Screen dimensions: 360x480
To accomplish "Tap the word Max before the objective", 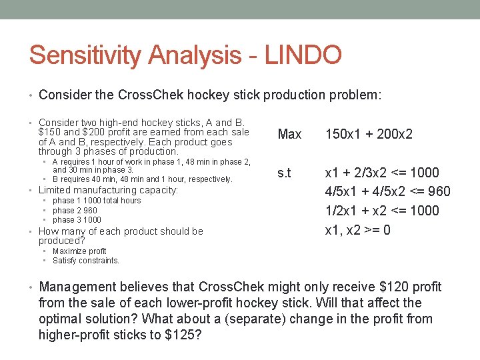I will click(x=289, y=134).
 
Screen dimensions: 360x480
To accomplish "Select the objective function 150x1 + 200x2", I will click(x=369, y=134).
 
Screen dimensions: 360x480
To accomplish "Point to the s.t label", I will click(x=284, y=173).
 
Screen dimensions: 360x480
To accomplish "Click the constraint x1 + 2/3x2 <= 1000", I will click(x=382, y=173).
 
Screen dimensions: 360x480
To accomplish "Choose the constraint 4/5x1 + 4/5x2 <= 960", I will click(x=387, y=192).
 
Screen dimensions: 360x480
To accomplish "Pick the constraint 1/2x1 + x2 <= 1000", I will click(x=382, y=211).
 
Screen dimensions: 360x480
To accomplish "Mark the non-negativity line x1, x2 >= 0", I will click(x=357, y=229).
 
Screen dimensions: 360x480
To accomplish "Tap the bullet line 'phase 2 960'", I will click(x=75, y=210).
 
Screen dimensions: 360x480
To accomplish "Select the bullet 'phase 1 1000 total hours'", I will click(x=97, y=201).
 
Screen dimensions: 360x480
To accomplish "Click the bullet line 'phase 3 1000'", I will click(x=77, y=219).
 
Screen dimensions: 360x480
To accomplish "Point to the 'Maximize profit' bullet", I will click(x=79, y=251).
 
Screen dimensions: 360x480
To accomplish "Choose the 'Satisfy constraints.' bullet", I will click(x=86, y=261).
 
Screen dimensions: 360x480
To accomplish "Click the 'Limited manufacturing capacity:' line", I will click(x=108, y=190).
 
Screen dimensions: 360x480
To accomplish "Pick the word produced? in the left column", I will click(x=61, y=241).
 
